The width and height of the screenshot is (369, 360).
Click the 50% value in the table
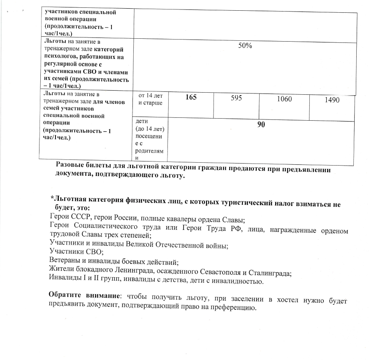pyautogui.click(x=245, y=47)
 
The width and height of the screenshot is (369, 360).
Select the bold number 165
pyautogui.click(x=191, y=99)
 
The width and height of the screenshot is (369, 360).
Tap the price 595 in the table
pyautogui.click(x=236, y=99)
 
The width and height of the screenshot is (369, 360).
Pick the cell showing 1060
pyautogui.click(x=284, y=99)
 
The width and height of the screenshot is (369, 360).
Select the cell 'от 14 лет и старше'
pyautogui.click(x=147, y=99)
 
